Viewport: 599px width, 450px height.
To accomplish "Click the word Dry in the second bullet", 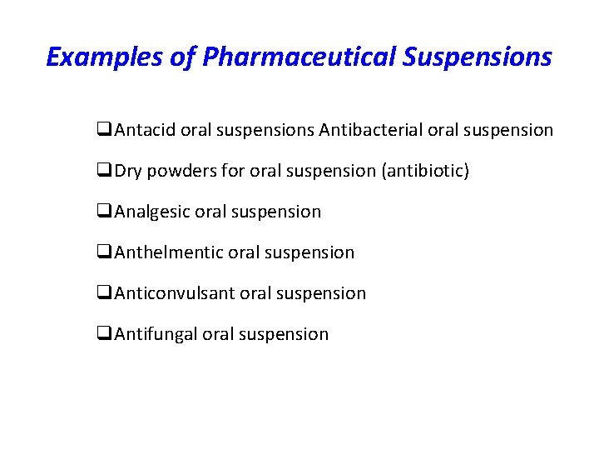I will tap(128, 171).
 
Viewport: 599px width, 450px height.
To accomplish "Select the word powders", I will tap(177, 171).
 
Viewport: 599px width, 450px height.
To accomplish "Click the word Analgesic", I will tap(152, 212).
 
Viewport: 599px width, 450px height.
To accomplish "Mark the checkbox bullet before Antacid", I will tap(104, 131).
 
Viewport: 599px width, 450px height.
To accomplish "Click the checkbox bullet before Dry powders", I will tap(104, 172).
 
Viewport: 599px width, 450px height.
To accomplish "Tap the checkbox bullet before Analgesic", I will tap(104, 212).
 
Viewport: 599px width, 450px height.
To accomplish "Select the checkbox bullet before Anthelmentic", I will tap(104, 253).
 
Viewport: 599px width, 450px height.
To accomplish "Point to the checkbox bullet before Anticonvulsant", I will tap(104, 294).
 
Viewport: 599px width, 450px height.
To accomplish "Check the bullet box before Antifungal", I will tap(104, 335).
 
